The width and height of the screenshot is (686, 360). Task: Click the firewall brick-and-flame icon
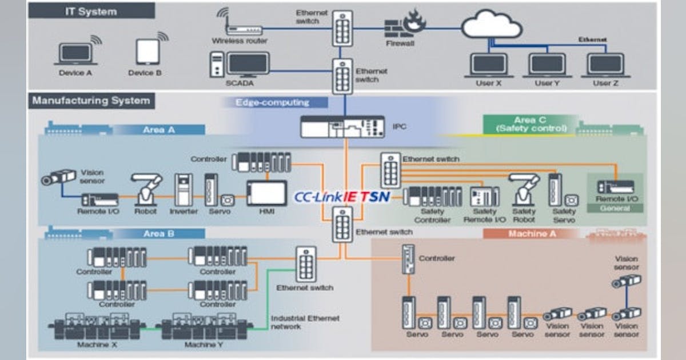tap(406, 27)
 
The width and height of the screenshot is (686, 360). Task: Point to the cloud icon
tap(492, 26)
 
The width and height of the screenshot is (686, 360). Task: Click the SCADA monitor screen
tap(248, 64)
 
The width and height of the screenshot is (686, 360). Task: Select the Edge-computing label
tap(272, 103)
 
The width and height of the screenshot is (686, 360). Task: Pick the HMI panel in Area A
tap(266, 193)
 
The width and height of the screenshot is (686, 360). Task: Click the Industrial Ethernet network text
tap(305, 322)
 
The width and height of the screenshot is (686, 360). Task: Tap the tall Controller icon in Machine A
tap(408, 259)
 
